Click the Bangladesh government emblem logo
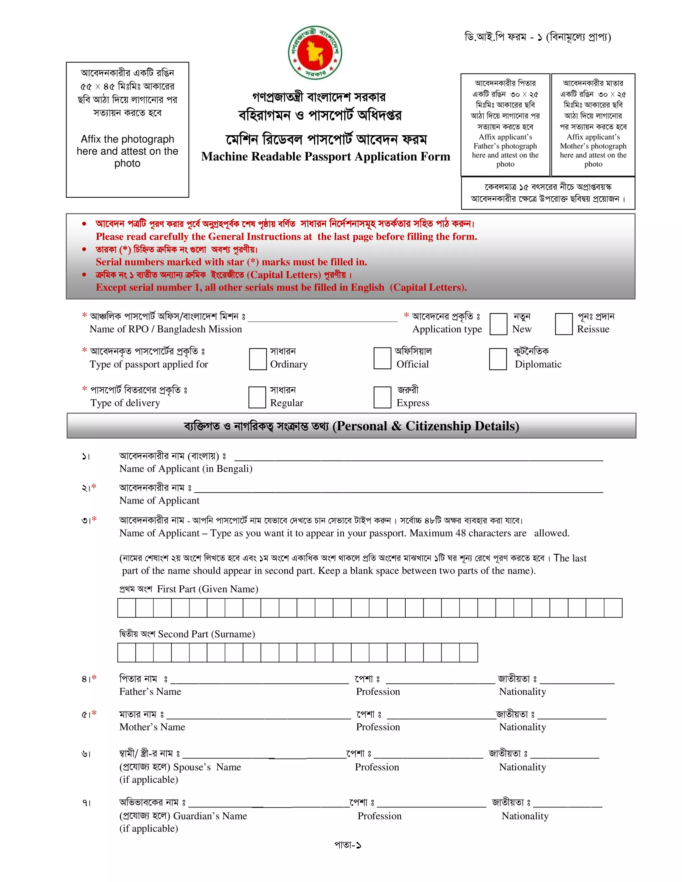point(315,53)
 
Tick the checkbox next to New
point(498,324)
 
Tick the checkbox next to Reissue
point(564,324)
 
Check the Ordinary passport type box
point(258,358)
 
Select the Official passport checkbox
point(382,358)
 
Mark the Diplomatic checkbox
point(498,358)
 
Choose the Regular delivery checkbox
point(257,397)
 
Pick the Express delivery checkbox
point(382,397)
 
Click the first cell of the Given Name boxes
point(127,608)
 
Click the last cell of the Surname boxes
point(469,653)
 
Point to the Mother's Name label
point(152,727)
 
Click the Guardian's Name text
point(210,816)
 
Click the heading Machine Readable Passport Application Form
point(326,157)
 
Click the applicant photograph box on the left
point(127,129)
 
